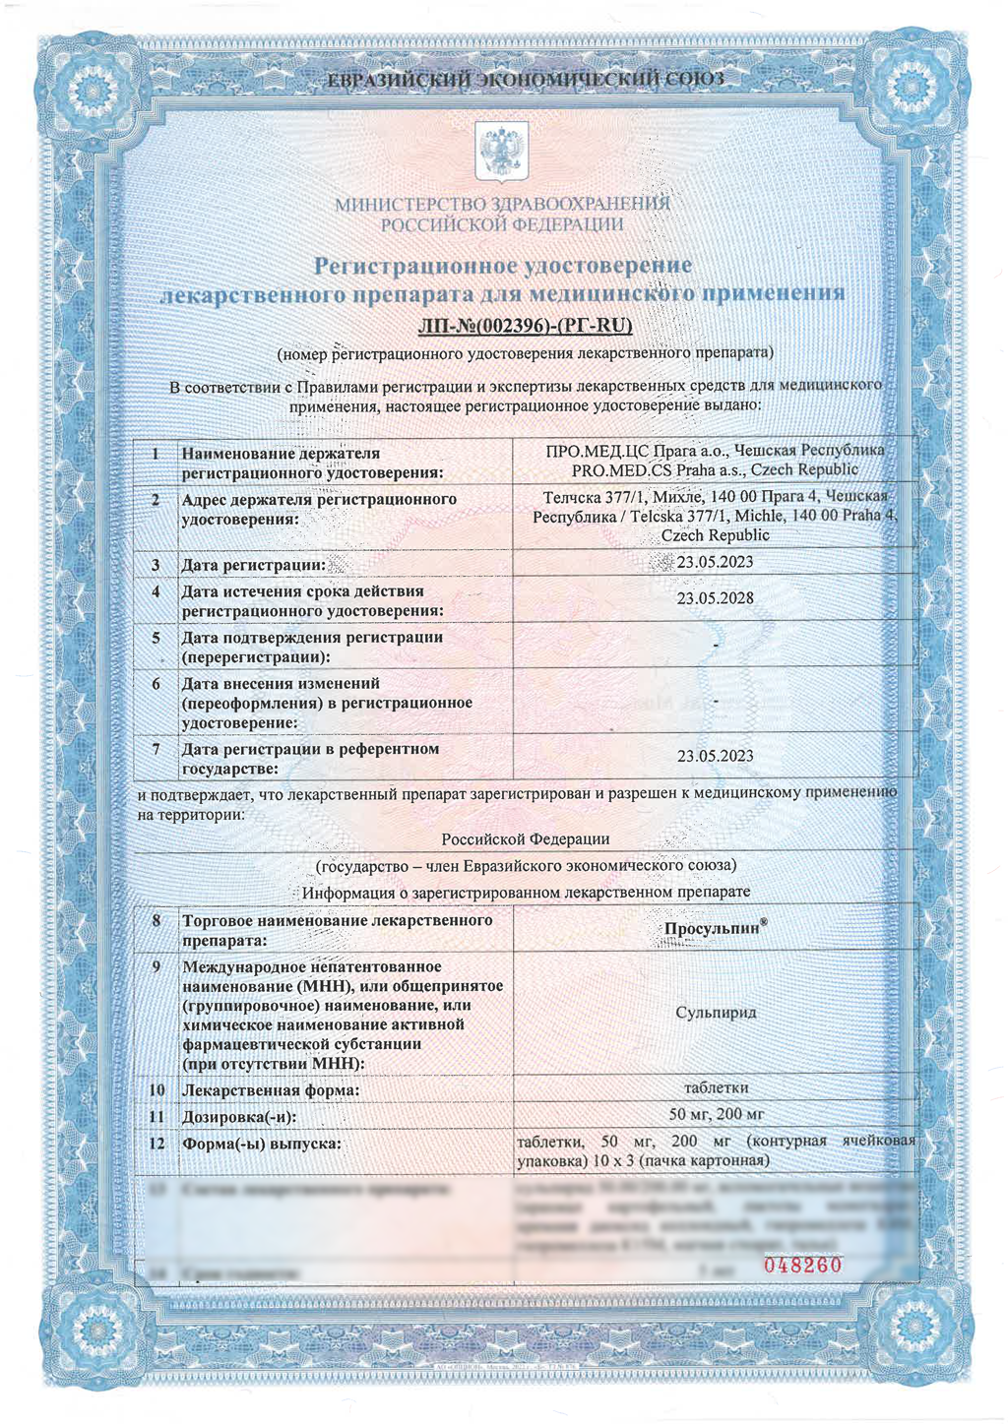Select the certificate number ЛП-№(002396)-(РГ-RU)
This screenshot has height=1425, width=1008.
pyautogui.click(x=525, y=326)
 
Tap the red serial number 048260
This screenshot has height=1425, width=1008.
pyautogui.click(x=803, y=1265)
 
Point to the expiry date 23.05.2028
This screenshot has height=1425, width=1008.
pyautogui.click(x=716, y=598)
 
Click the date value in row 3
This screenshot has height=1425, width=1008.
pyautogui.click(x=716, y=562)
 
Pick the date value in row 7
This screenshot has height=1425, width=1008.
pyautogui.click(x=716, y=756)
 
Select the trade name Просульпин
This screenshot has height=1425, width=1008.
pyautogui.click(x=713, y=929)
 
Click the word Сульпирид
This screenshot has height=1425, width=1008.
pyautogui.click(x=716, y=1012)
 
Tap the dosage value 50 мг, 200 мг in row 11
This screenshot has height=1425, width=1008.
pyautogui.click(x=716, y=1114)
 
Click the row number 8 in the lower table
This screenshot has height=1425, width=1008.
pyautogui.click(x=156, y=921)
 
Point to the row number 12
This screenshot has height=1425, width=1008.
pyautogui.click(x=157, y=1144)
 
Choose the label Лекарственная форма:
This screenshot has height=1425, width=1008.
pyautogui.click(x=270, y=1090)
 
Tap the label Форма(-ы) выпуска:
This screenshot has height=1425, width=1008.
pyautogui.click(x=262, y=1144)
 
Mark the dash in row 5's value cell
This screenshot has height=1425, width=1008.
pyautogui.click(x=716, y=645)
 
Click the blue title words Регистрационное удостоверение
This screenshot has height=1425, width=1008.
pyautogui.click(x=502, y=266)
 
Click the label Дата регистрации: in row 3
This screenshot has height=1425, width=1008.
pyautogui.click(x=253, y=565)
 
